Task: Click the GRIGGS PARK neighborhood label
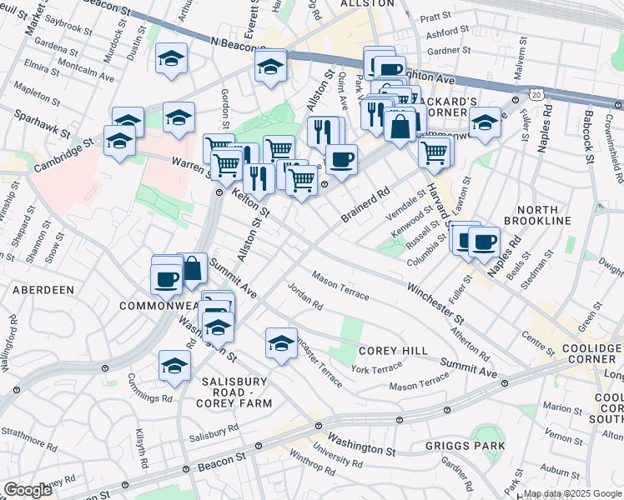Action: point(470,446)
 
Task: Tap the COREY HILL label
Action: point(393,351)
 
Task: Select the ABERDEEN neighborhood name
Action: point(43,289)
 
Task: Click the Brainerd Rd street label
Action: point(365,204)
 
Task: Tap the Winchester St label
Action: point(435,303)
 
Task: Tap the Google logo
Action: point(28,490)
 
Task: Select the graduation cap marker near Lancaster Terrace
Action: point(282,342)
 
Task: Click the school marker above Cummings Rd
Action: point(174,365)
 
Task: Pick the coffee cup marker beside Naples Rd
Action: point(484,242)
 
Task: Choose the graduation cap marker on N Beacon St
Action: point(270,67)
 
